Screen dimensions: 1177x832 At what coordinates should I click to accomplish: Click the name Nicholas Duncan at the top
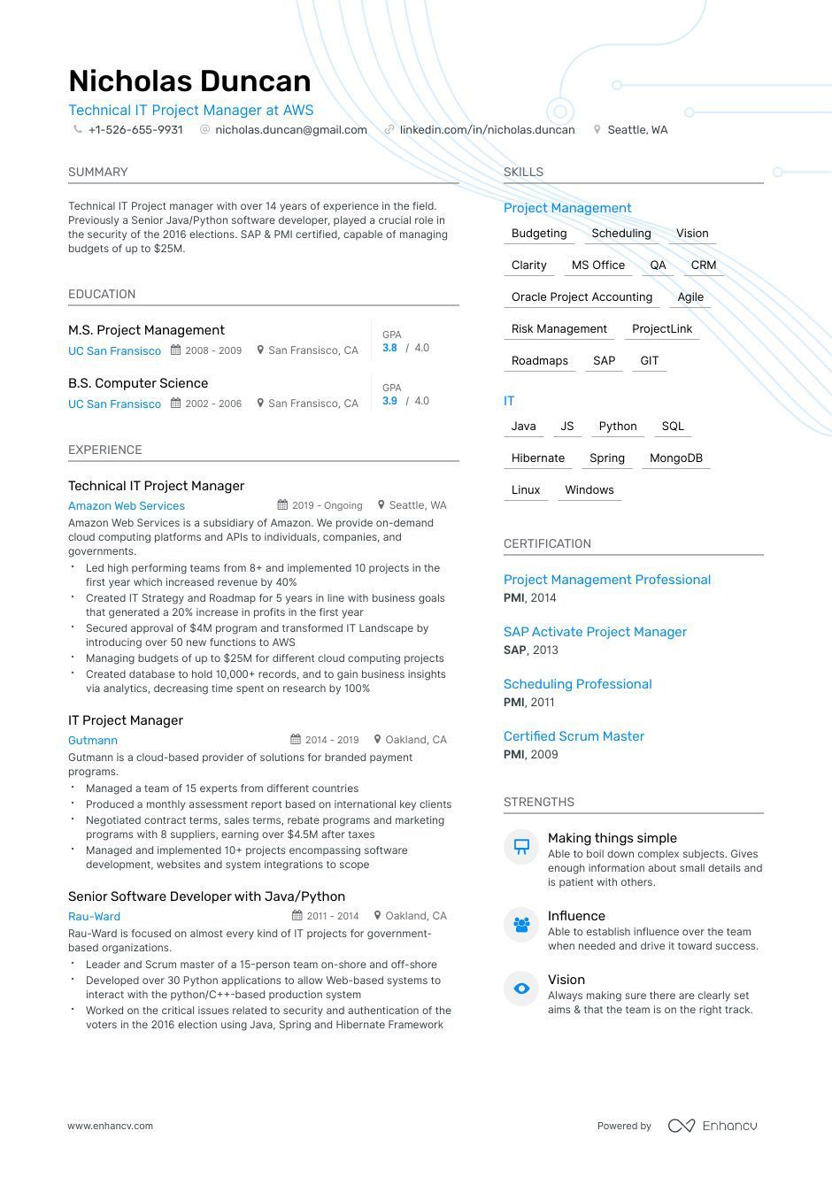click(x=189, y=81)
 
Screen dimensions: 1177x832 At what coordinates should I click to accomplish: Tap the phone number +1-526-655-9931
click(x=135, y=130)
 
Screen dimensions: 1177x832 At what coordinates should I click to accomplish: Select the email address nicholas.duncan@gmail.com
click(x=290, y=130)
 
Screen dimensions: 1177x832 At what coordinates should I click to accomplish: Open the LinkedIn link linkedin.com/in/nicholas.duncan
click(x=487, y=130)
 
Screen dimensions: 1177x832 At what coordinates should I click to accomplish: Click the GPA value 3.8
click(x=389, y=349)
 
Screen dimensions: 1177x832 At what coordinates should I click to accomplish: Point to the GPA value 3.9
click(x=389, y=402)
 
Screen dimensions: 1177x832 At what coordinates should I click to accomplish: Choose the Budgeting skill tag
click(x=539, y=234)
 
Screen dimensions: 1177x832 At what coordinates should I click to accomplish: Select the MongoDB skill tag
click(x=675, y=458)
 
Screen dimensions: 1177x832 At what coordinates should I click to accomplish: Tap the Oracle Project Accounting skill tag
click(x=582, y=297)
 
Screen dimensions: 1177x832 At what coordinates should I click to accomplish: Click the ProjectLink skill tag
click(x=662, y=329)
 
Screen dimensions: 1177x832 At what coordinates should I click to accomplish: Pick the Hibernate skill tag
click(x=537, y=458)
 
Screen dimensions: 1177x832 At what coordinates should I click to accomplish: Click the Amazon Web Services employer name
click(x=127, y=506)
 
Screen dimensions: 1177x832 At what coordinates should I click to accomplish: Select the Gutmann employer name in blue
click(x=93, y=741)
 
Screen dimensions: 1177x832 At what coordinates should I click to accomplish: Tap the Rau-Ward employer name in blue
click(x=94, y=917)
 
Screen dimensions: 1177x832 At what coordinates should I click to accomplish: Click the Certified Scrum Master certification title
click(x=574, y=736)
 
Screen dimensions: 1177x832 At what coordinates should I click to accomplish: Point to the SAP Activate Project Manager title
click(x=595, y=632)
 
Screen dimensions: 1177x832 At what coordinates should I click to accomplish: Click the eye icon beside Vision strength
click(x=521, y=989)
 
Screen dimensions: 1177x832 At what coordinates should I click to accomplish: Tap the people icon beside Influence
click(x=521, y=925)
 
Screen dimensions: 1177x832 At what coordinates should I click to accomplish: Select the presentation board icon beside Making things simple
click(x=521, y=847)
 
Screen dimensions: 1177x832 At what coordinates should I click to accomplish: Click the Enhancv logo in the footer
click(x=713, y=1126)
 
